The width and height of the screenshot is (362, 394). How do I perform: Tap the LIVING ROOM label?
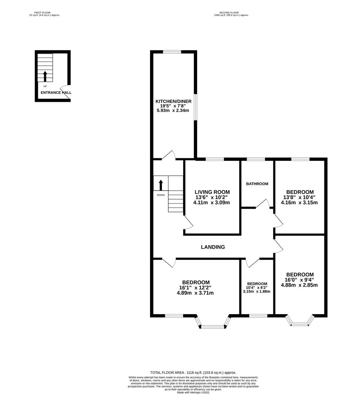tap(212, 192)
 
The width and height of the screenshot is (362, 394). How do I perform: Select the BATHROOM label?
tap(257, 184)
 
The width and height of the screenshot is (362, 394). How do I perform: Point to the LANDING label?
tap(213, 247)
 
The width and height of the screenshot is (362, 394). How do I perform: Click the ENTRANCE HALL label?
tap(56, 93)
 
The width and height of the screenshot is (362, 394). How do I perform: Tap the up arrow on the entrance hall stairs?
tap(45, 76)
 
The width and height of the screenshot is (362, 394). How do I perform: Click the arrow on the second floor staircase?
tap(161, 185)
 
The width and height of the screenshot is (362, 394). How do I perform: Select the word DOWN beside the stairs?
tap(161, 195)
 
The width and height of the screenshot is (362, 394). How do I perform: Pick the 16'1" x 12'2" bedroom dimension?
tap(196, 287)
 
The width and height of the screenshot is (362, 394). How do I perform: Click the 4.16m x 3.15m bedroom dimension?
tap(299, 202)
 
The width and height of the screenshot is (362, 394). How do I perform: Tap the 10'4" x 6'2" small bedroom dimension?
tap(257, 287)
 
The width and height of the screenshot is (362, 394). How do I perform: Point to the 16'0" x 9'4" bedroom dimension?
tap(299, 280)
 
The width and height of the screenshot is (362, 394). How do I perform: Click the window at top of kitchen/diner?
tap(172, 52)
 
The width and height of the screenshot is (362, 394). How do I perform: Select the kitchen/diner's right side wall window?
tap(196, 108)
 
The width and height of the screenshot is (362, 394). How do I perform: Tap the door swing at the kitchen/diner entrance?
tap(169, 155)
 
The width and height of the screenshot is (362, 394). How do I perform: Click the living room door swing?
tap(188, 222)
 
